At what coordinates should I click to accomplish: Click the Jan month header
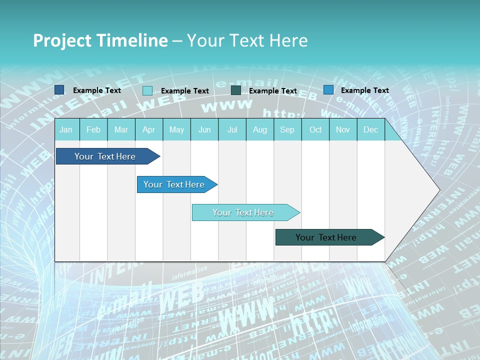click(66, 129)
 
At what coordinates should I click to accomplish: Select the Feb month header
click(93, 129)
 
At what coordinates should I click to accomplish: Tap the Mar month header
click(121, 129)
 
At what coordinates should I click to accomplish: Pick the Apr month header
click(149, 129)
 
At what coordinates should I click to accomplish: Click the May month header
click(176, 129)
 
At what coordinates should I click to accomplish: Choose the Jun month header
click(204, 129)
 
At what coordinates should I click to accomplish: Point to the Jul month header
click(232, 129)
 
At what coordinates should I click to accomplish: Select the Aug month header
click(260, 129)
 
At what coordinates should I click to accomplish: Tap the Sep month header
click(287, 129)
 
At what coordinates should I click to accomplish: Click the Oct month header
click(315, 129)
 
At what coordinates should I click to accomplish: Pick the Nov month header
click(343, 129)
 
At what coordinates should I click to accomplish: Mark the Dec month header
click(371, 129)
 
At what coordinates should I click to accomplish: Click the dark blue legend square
click(59, 90)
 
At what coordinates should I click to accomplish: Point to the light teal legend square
click(147, 90)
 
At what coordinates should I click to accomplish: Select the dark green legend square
click(236, 90)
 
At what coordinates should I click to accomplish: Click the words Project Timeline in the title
click(100, 40)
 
